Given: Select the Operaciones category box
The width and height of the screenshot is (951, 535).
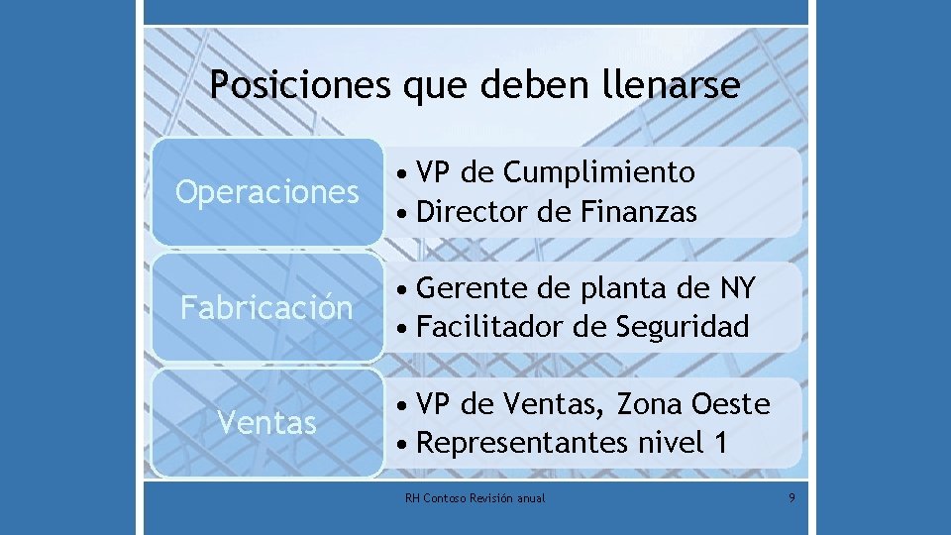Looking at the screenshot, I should point(266,191).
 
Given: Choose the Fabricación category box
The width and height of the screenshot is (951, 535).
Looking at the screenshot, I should point(266,307).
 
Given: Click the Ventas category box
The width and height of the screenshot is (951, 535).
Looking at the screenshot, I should point(266,423).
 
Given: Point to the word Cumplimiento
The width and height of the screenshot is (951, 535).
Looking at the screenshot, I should point(599,172).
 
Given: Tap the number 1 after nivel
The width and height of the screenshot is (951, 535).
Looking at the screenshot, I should point(718,443).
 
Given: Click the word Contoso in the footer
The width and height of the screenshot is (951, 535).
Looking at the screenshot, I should point(441,497).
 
